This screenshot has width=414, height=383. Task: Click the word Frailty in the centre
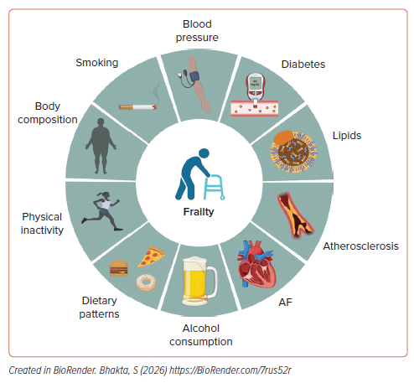coord(199,212)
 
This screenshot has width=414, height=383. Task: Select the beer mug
coord(199,282)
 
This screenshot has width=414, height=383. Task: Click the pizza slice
coord(151,256)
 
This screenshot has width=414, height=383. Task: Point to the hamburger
coord(119,268)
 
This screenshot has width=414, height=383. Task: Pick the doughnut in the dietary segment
coord(146,282)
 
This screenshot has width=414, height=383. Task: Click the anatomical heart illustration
coord(256,264)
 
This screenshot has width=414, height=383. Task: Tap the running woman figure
coord(102,211)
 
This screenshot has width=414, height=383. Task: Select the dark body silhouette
coord(101,146)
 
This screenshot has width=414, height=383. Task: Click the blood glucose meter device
coord(255,89)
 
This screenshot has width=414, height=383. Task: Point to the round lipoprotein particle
coord(293,152)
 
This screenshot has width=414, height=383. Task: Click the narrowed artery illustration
coord(296,215)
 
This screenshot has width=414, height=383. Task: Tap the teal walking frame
coord(215,187)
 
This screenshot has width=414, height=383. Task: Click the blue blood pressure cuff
coord(194,76)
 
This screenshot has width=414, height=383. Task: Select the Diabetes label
coord(303,65)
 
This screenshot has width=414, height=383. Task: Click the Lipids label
coord(347,136)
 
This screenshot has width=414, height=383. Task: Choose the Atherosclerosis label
coord(360,246)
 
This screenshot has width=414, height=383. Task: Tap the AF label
coord(285,303)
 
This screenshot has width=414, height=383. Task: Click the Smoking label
coord(97,63)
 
